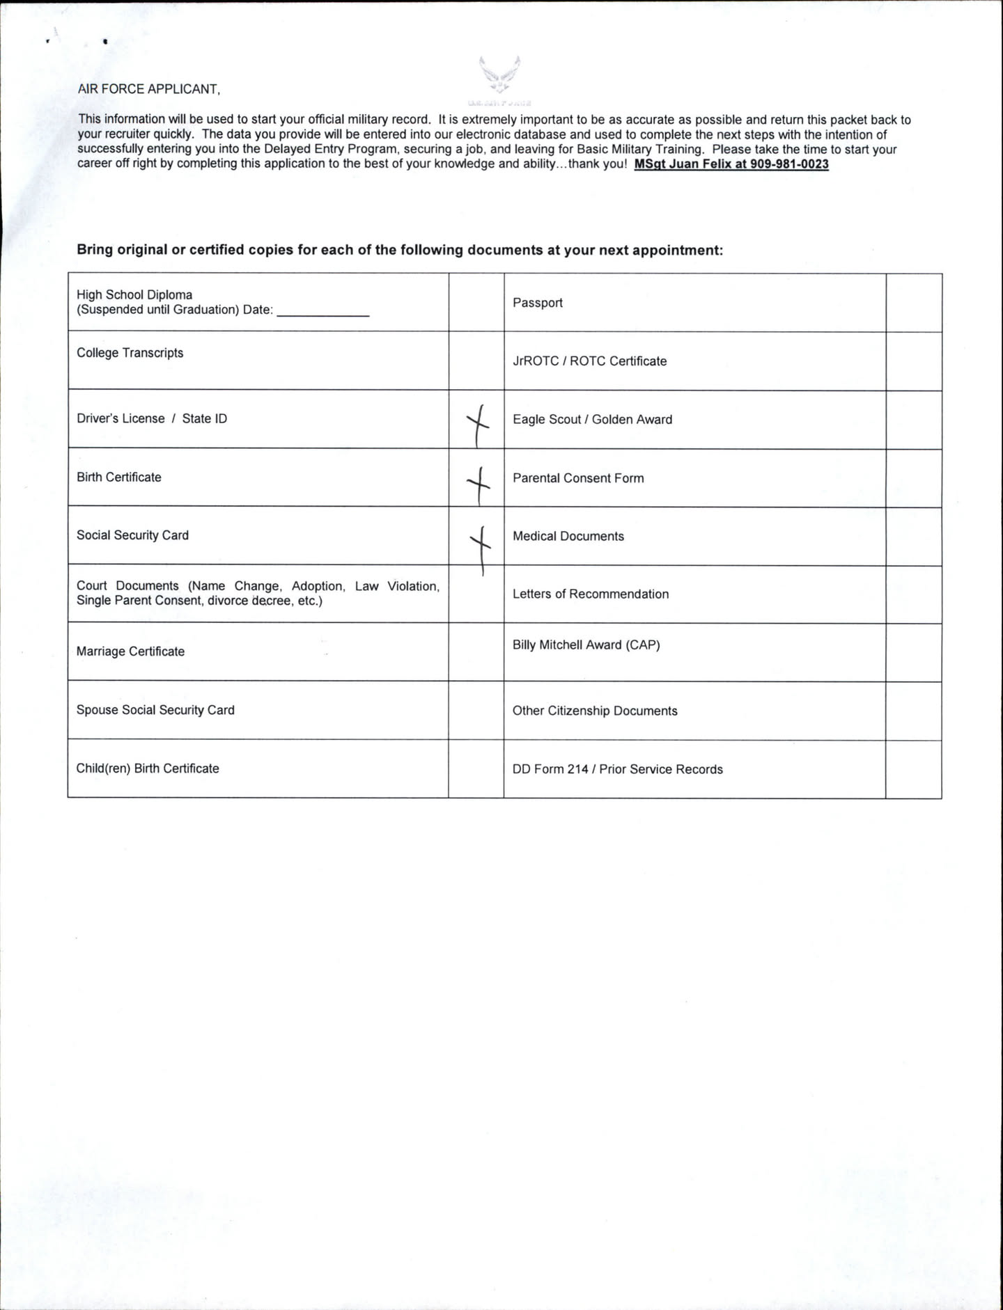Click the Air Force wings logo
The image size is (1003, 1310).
(x=499, y=74)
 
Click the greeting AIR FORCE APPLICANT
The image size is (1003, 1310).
(x=148, y=89)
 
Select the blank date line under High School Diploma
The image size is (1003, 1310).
(x=322, y=310)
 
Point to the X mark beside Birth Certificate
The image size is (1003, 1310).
(x=478, y=480)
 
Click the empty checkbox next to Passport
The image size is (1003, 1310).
(x=913, y=303)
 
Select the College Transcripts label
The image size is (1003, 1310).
(x=130, y=353)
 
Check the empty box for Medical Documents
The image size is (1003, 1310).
(x=913, y=537)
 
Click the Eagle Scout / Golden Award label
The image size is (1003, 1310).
(x=592, y=420)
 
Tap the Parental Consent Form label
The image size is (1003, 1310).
(x=578, y=478)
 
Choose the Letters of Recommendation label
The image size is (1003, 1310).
(x=591, y=594)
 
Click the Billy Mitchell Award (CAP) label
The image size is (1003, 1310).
(x=586, y=645)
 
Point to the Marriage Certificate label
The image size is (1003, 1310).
(x=130, y=652)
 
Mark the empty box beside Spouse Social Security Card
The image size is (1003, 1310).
(x=476, y=711)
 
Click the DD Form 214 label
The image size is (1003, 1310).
(x=617, y=770)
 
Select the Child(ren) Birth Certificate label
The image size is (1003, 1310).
(x=148, y=768)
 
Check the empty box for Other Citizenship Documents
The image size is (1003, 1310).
(x=913, y=711)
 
